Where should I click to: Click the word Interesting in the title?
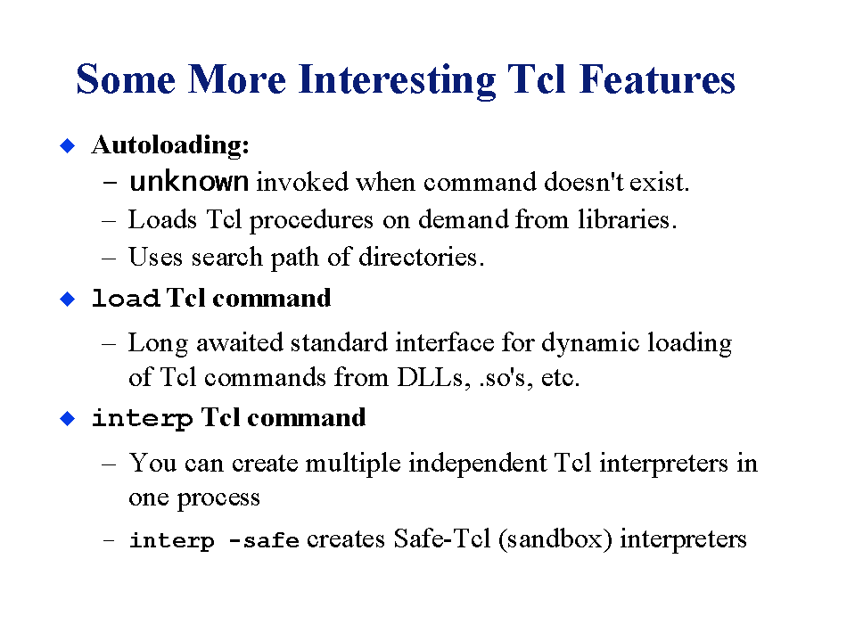[x=397, y=80]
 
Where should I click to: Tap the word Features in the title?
[x=657, y=79]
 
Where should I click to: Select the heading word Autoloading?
[x=170, y=145]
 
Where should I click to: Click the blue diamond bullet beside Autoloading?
[x=68, y=145]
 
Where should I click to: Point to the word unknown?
[x=189, y=182]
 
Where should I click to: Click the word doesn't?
[x=583, y=182]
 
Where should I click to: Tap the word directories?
[x=422, y=257]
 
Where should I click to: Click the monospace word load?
[x=126, y=298]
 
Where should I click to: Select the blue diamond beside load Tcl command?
[x=68, y=299]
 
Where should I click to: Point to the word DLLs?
[x=434, y=377]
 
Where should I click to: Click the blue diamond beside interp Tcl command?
[x=68, y=419]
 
